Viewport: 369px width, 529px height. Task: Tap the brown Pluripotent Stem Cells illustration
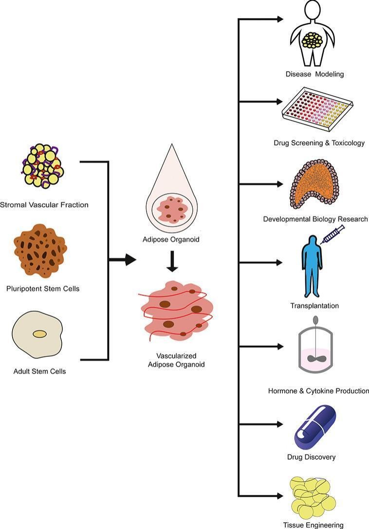[40, 251]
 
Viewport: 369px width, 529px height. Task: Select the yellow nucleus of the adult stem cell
[39, 334]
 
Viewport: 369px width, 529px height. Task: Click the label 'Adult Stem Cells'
[40, 372]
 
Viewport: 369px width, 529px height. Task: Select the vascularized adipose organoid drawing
[176, 311]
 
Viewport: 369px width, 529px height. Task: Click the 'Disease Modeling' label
[315, 75]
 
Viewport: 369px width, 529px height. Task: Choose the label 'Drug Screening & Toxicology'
[319, 143]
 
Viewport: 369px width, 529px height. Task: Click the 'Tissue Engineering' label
[313, 525]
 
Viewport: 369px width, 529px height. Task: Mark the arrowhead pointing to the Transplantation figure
[279, 262]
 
